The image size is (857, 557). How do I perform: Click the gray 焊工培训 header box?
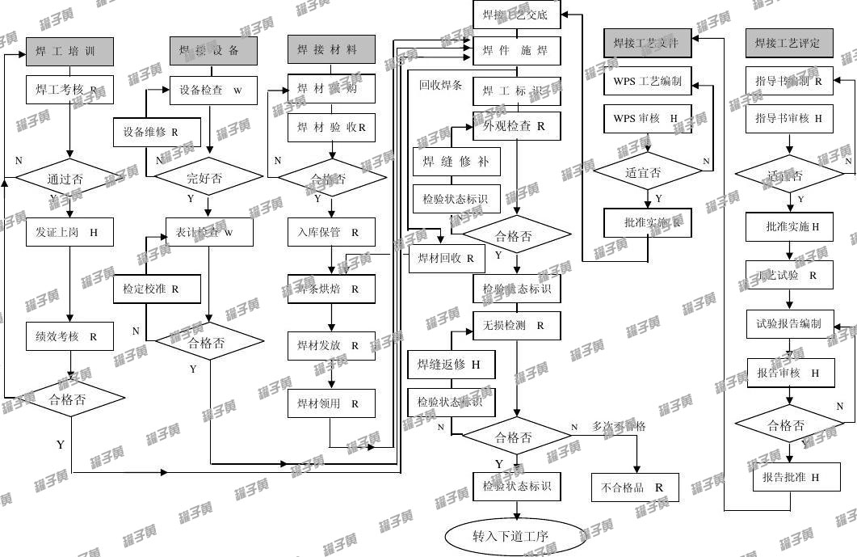coord(69,51)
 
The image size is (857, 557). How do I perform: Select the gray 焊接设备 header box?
coord(213,51)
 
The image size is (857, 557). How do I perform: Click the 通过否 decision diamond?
coord(70,179)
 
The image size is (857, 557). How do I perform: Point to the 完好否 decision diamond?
coord(208,179)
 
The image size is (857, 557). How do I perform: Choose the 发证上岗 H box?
coord(69,232)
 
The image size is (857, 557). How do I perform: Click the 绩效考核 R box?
coord(69,336)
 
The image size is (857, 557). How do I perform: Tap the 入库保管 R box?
coord(331,232)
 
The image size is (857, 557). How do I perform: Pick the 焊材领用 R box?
coord(331,403)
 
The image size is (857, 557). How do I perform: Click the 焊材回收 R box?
coord(446,259)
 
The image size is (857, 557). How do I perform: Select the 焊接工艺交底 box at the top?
coord(516,15)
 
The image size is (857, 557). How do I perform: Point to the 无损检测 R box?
coord(516,325)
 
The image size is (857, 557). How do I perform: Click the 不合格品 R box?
coord(635,487)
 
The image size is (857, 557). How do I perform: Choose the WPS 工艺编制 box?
coord(648,82)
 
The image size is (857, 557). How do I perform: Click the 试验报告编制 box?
coord(789,323)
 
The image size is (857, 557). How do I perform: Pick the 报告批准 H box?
coord(789,478)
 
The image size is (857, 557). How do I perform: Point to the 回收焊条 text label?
coord(440,84)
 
